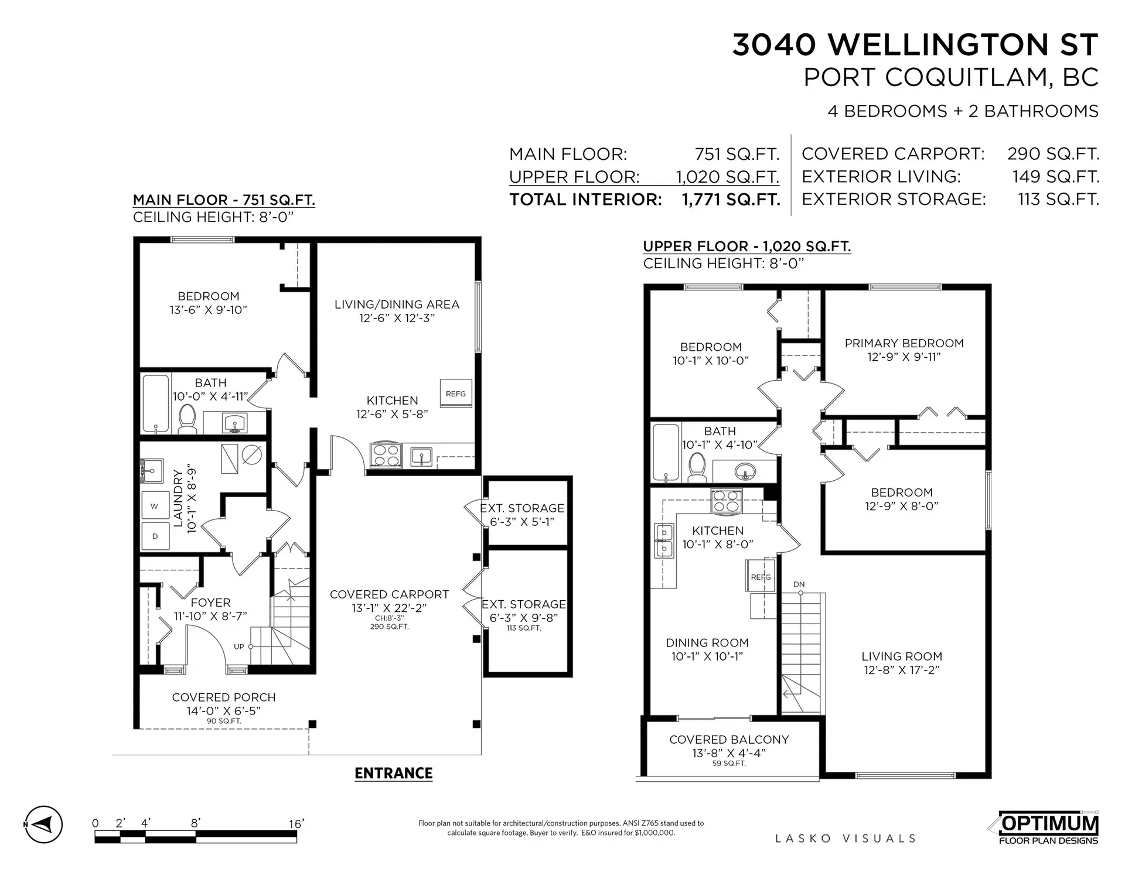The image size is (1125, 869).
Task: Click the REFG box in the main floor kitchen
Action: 456,394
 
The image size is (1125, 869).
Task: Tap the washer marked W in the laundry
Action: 155,506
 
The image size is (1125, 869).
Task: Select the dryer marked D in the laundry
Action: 155,536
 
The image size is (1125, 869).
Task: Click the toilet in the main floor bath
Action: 187,419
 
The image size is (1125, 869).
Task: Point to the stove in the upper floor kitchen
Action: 727,501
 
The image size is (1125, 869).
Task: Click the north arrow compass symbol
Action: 43,824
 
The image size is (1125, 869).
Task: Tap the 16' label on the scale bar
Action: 296,824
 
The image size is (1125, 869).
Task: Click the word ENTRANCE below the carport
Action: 393,773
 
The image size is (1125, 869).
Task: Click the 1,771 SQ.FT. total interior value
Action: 731,200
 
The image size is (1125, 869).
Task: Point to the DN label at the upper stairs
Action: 799,584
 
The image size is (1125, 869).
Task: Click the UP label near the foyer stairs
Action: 239,646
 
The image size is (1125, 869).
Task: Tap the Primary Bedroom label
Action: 904,343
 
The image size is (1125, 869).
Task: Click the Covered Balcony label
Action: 729,740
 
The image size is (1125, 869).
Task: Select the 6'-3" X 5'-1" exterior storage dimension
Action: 521,522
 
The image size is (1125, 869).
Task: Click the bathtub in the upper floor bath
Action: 665,453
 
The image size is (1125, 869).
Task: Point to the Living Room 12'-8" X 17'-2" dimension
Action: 901,670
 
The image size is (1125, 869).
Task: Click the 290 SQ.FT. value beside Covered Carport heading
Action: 1053,154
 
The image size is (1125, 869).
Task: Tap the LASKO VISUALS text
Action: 845,839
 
